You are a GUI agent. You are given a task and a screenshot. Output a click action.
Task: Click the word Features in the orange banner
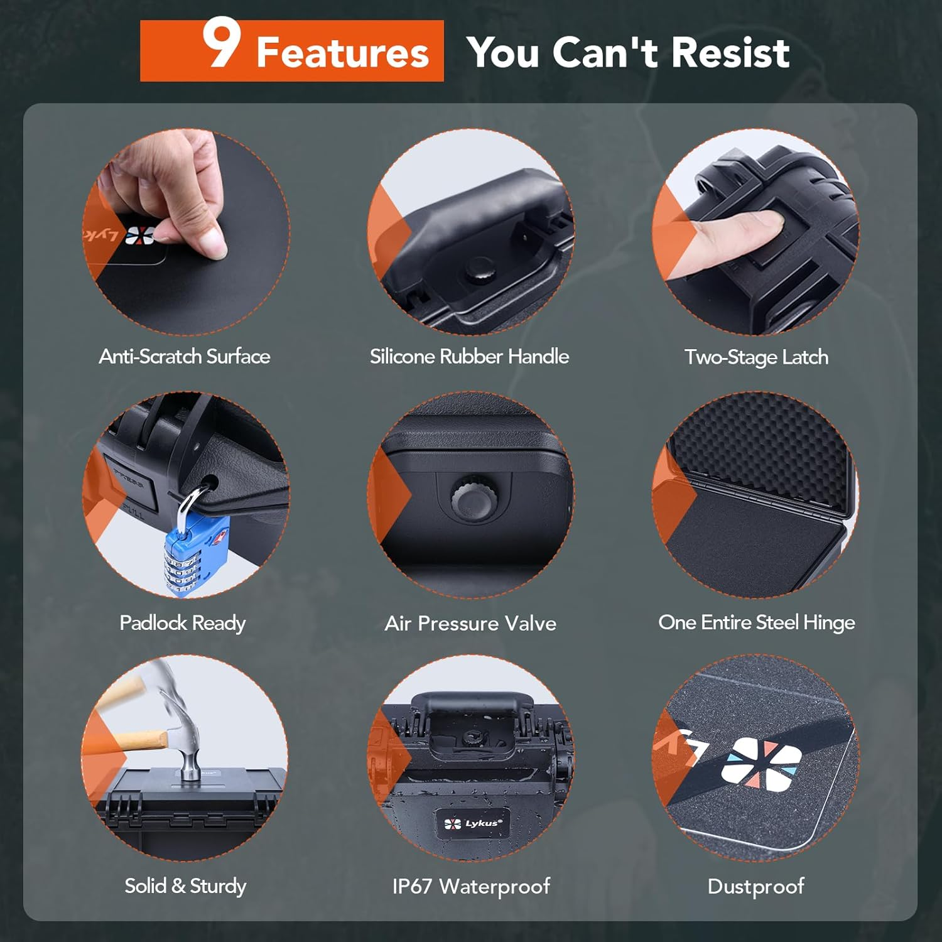tap(342, 53)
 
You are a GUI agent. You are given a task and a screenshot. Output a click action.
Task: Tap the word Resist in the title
tap(730, 52)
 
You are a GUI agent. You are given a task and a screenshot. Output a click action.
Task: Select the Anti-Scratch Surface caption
tap(185, 357)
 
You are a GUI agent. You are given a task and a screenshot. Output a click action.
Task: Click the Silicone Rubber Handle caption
tap(469, 357)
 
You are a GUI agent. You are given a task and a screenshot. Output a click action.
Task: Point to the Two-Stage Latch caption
tap(756, 357)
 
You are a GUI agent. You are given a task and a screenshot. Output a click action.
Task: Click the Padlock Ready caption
tap(182, 623)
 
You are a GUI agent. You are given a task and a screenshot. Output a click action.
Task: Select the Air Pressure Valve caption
tap(470, 624)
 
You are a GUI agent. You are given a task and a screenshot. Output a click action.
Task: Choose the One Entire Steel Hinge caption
tap(756, 622)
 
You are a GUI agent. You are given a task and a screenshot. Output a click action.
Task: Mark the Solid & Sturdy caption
tap(185, 886)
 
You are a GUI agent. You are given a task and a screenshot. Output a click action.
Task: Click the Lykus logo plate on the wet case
tap(473, 823)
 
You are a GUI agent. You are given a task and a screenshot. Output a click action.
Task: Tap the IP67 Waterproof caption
tap(471, 886)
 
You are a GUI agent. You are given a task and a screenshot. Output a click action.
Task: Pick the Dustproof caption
tap(755, 886)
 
